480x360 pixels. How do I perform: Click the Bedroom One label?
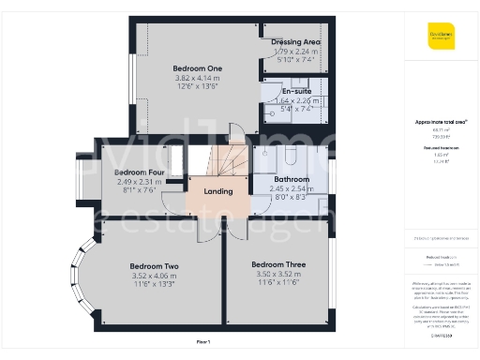pos(197,68)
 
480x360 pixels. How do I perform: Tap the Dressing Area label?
pos(295,43)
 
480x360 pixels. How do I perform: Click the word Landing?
pos(218,191)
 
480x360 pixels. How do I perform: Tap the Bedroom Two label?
pos(154,266)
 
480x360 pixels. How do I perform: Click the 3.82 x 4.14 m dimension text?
pos(197,79)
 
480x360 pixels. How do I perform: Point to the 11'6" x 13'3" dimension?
pos(154,285)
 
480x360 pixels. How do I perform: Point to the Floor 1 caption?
pos(203,343)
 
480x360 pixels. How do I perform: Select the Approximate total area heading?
pos(442,122)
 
